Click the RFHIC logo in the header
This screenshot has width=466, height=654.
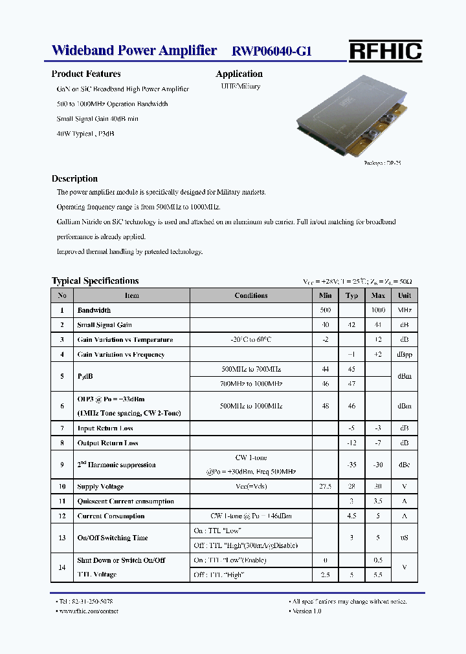[x=385, y=51]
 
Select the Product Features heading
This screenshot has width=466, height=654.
[x=86, y=74]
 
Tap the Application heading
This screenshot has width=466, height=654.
[x=239, y=74]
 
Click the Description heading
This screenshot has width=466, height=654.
[x=74, y=178]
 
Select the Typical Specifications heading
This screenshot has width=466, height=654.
[x=95, y=281]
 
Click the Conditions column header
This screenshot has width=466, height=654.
[x=251, y=295]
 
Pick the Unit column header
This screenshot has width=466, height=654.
[x=405, y=295]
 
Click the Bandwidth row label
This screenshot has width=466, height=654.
[x=94, y=310]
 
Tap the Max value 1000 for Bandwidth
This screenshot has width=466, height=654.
[x=378, y=310]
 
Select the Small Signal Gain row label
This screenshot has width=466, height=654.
[x=105, y=325]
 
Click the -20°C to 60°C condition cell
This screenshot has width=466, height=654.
[x=251, y=340]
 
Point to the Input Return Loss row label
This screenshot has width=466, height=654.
[x=105, y=428]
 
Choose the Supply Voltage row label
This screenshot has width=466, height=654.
[x=100, y=487]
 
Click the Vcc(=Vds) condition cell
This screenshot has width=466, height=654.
[x=251, y=487]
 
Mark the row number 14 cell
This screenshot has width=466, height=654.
[x=62, y=567]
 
